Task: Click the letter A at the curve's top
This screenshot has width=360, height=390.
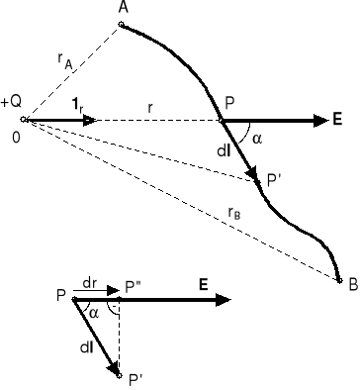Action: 123,8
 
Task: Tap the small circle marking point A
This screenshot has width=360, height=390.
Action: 121,24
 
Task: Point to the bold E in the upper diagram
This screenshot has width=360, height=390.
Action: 337,119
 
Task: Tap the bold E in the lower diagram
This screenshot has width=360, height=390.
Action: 202,283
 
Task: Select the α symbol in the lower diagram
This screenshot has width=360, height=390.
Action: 94,312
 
